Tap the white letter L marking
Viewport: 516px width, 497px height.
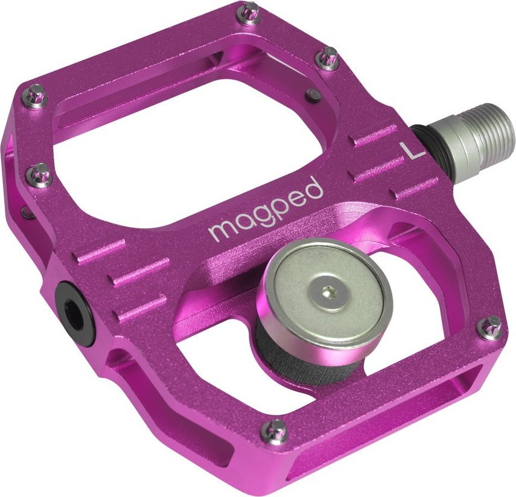[413, 150]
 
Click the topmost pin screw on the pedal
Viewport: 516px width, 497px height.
[250, 11]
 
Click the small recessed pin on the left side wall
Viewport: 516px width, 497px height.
[25, 212]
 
